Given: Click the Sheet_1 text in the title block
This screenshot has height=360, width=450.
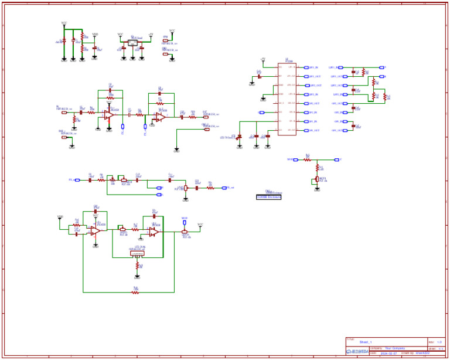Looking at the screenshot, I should coord(366,342).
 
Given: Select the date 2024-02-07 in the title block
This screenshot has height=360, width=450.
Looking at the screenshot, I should coord(388,354).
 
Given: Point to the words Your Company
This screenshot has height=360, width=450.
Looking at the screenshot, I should coord(394,348).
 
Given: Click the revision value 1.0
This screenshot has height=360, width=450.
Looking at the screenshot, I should coord(439,342).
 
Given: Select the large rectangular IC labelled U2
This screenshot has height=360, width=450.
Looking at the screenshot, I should coord(287,99).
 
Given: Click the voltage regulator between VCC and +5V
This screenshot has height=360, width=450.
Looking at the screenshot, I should coord(132,43).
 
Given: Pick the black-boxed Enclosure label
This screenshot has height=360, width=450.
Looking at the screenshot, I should coord(269,197).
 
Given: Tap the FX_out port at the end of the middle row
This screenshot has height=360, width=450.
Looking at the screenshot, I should coord(224,188).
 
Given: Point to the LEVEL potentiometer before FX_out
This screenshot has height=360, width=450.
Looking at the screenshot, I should coord(186,188).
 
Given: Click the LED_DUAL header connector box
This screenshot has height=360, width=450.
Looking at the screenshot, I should coord(137,253).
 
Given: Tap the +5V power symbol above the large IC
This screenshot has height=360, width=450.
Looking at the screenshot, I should coord(263,60).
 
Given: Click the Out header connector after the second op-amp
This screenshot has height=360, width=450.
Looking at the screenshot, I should coord(206,117).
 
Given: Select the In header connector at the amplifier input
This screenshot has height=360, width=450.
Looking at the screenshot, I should coord(64,113).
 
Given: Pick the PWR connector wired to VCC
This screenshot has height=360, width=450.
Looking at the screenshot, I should coord(165,41).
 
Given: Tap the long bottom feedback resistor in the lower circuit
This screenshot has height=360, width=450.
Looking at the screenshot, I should coord(135,292).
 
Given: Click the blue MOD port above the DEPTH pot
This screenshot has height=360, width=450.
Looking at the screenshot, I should coord(185,222).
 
